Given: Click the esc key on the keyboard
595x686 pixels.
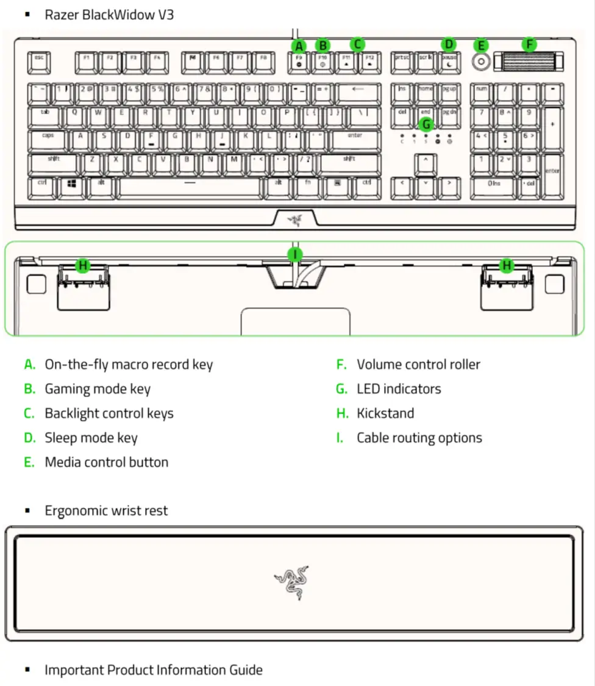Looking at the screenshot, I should pos(39,61).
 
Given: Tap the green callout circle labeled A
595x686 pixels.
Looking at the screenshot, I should pos(298,46).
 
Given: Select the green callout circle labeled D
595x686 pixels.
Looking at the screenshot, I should pos(449,45).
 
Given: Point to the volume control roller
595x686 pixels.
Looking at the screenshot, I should pos(529,61).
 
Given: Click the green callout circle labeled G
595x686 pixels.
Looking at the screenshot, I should pos(426,124).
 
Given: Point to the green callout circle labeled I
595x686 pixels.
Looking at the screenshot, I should pos(296,254).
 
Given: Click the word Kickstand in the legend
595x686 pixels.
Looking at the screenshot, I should pos(385,413).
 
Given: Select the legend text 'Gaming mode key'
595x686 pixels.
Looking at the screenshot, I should pos(98,389).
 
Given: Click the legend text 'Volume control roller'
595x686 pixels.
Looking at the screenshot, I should pos(418,365).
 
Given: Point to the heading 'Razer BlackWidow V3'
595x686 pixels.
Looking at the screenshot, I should pos(109,15).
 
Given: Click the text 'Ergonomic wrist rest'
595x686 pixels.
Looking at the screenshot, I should pos(106,511).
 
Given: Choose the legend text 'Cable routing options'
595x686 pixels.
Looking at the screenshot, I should pos(419,438).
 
